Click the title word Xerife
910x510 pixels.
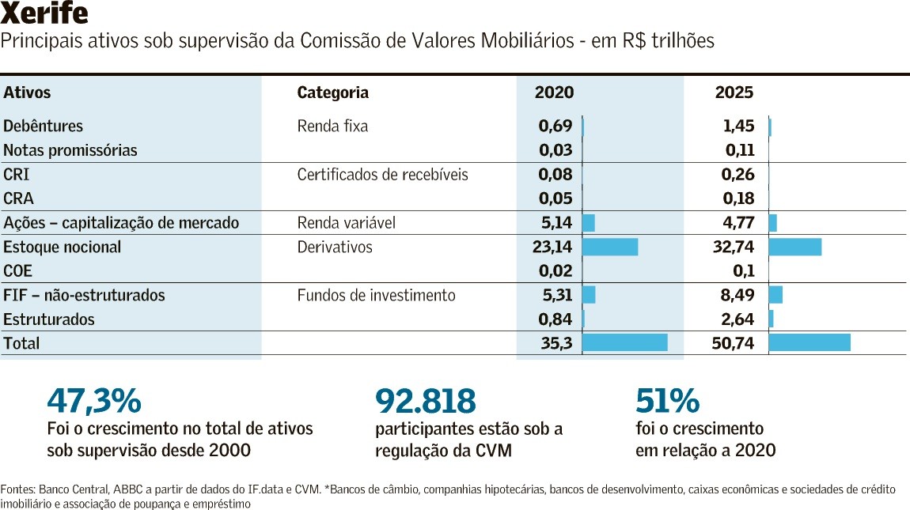[44, 14]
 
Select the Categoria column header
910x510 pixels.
[332, 93]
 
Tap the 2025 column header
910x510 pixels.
[734, 93]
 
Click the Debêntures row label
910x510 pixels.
[43, 126]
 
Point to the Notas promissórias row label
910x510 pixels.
[70, 150]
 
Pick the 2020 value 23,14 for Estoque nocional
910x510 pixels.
[552, 247]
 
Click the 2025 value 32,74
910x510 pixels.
[734, 247]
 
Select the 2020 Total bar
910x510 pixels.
[625, 342]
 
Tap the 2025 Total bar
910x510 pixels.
[810, 342]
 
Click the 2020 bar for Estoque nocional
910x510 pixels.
[610, 247]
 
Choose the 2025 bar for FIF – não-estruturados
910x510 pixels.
[775, 295]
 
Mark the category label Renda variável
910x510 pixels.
[346, 223]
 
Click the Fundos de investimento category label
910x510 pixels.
[376, 295]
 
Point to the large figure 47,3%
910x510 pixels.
[93, 401]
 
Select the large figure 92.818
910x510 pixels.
[425, 401]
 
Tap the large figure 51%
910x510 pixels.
[667, 401]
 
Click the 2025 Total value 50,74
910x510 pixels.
[733, 343]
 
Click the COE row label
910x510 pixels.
[18, 271]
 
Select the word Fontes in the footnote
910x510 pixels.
[17, 489]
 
